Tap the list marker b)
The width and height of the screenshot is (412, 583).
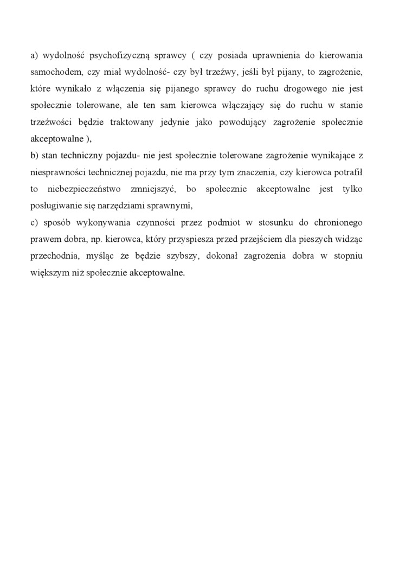click(x=35, y=156)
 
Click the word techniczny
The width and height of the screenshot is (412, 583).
click(x=74, y=156)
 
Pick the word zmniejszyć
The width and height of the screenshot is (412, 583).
click(x=154, y=190)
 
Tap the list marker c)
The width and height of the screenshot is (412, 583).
click(x=34, y=223)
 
